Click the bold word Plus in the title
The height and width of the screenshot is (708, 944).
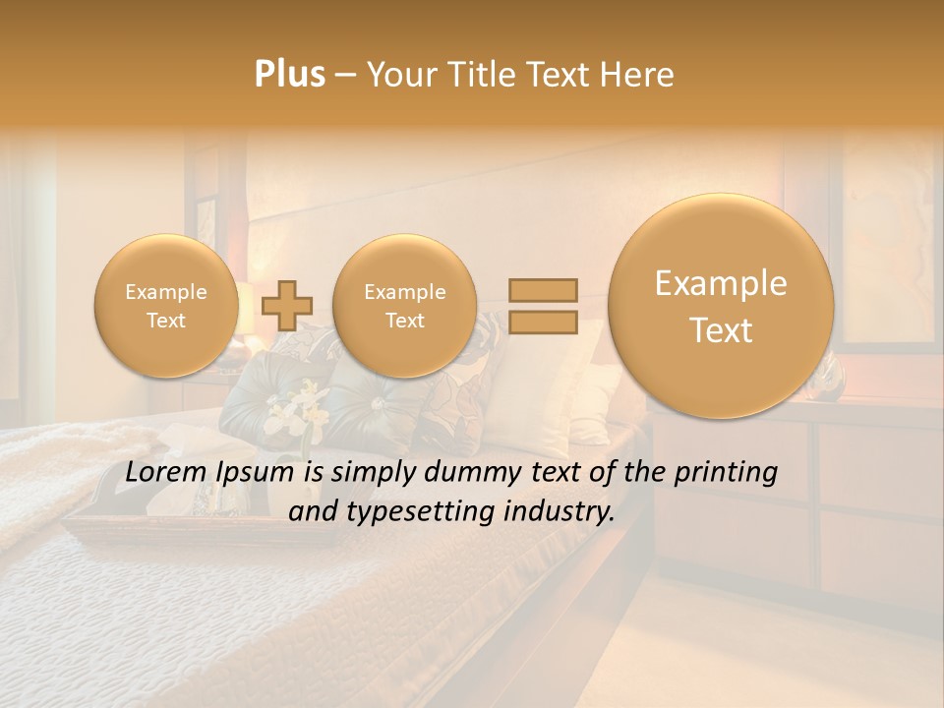289,75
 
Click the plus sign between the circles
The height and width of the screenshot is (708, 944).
286,305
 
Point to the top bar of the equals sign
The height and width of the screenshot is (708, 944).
542,290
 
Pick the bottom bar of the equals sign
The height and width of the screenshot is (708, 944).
542,323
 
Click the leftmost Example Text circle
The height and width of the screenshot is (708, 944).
165,305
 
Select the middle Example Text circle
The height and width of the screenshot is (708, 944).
404,305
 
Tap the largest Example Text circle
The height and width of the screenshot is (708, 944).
721,305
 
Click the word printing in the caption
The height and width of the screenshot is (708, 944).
727,473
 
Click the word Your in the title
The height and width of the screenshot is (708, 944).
397,75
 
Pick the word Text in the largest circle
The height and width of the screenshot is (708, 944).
721,330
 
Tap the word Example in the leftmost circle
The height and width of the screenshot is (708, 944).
165,292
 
